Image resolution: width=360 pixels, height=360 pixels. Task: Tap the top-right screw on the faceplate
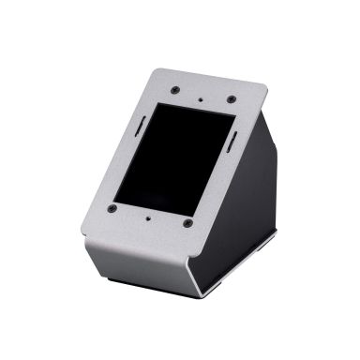pos(230,99)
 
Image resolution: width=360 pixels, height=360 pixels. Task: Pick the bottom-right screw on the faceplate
pos(187,224)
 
